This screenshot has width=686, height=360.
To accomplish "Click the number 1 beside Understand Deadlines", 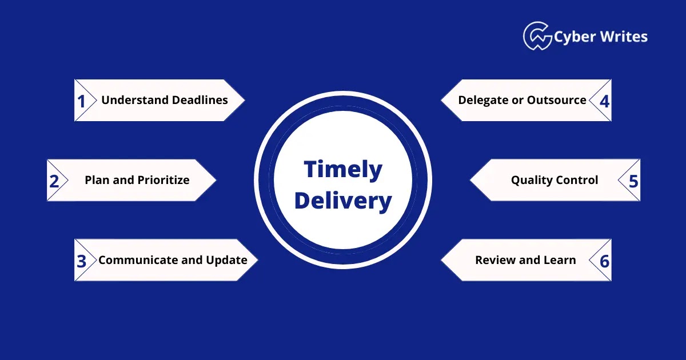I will (x=81, y=101).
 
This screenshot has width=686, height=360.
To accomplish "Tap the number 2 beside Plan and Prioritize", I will (x=54, y=181).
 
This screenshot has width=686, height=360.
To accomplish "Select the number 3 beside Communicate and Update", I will (x=81, y=261).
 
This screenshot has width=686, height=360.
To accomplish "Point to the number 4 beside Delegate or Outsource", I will (x=604, y=101).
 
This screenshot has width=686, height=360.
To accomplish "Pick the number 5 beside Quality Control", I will (x=633, y=181).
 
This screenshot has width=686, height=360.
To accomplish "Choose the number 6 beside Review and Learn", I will (x=604, y=261).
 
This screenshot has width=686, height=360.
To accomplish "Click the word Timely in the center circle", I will (x=342, y=170).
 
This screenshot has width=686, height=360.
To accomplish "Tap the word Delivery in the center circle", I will (x=342, y=201).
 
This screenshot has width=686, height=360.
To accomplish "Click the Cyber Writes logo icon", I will (x=537, y=36).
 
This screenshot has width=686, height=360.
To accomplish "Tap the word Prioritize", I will (x=163, y=180).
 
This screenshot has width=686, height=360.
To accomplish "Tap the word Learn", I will (x=560, y=260).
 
